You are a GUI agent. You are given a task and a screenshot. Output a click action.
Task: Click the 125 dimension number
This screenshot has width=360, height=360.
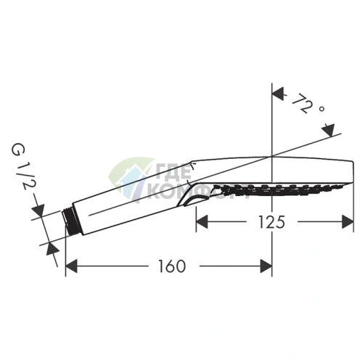(271, 222)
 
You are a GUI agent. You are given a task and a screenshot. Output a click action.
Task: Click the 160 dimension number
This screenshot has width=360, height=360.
(172, 266)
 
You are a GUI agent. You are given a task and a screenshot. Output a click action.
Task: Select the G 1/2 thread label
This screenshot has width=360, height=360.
(20, 165)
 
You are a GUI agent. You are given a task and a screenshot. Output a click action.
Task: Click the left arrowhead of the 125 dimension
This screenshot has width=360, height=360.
(202, 221)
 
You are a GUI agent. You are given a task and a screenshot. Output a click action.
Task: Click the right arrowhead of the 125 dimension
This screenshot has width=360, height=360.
(348, 221)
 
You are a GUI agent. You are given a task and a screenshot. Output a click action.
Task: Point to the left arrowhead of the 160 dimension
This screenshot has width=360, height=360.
(71, 266)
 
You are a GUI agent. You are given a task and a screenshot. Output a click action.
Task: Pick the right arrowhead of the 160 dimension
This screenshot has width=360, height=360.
(266, 266)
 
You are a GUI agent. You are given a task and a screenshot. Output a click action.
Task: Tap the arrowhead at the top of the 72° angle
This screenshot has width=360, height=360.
(278, 94)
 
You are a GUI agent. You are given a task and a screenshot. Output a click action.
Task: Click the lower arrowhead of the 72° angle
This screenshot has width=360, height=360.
(329, 130)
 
